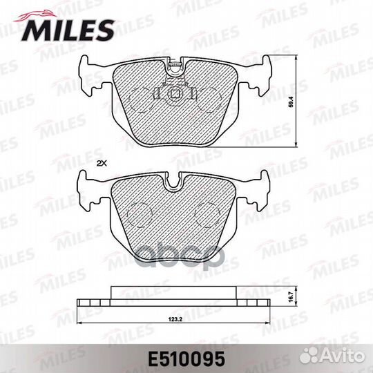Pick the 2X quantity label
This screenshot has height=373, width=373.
(x=102, y=163)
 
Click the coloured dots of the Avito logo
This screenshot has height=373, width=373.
(x=322, y=356)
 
